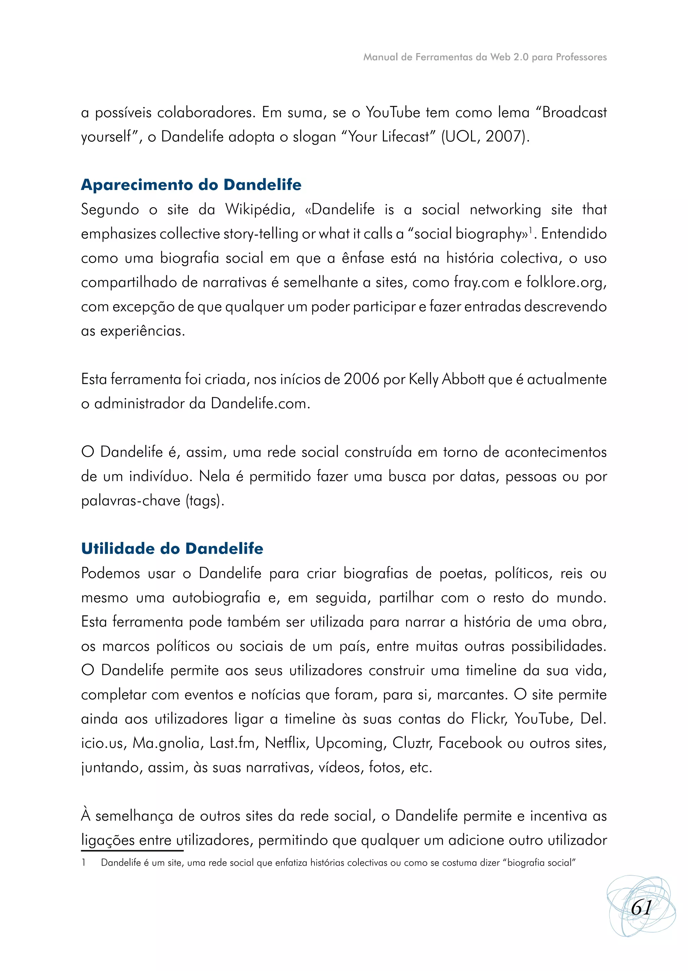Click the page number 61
tap(641, 908)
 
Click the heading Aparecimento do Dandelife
tap(191, 185)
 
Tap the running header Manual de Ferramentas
tap(485, 57)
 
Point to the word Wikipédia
tap(260, 209)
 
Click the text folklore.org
tap(566, 282)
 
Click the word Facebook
tap(470, 743)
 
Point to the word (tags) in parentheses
tap(205, 501)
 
